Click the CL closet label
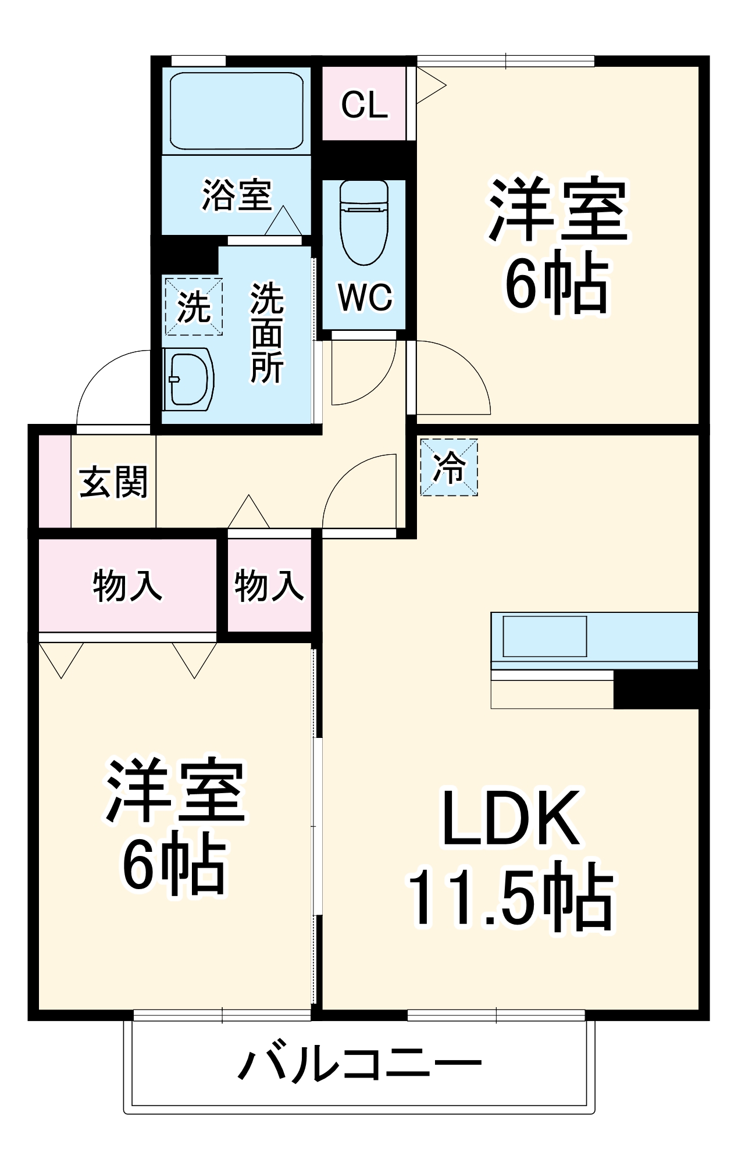point(364,105)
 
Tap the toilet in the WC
point(364,224)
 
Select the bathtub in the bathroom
point(237,110)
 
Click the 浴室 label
point(237,195)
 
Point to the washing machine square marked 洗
point(194,306)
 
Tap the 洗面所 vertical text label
point(267,333)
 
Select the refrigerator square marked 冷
point(449,467)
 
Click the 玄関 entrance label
point(114,482)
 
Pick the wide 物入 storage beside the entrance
point(127,585)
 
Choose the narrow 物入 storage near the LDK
point(269,585)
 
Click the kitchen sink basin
point(544,636)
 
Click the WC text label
point(365,298)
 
